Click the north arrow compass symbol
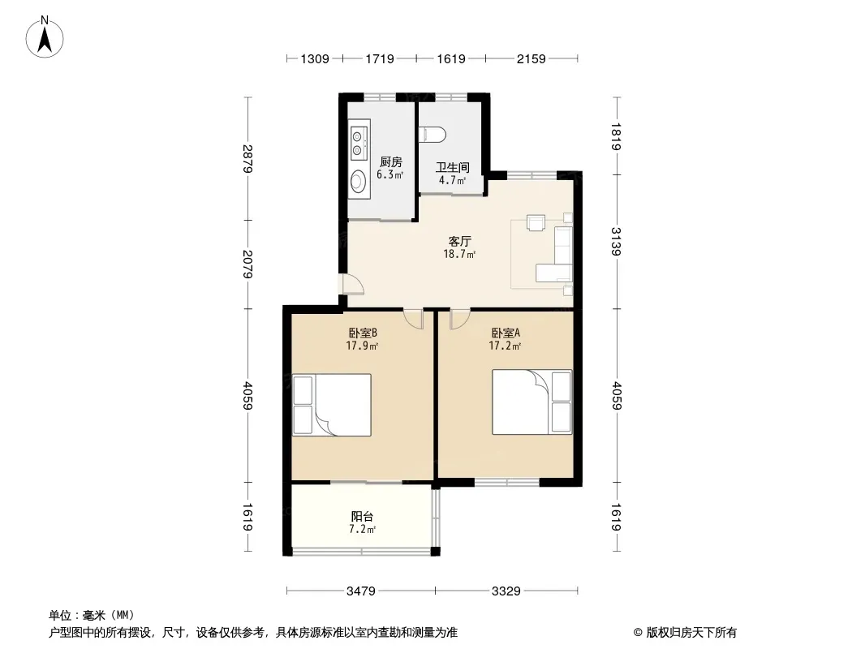pyautogui.click(x=45, y=37)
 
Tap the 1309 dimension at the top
pyautogui.click(x=315, y=58)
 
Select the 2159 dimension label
pyautogui.click(x=531, y=58)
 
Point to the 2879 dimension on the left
pyautogui.click(x=247, y=158)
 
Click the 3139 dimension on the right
pyautogui.click(x=616, y=242)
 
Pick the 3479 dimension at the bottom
pyautogui.click(x=361, y=591)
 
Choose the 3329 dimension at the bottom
pyautogui.click(x=506, y=591)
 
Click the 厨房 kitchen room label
pyautogui.click(x=390, y=162)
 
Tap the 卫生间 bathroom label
pyautogui.click(x=452, y=167)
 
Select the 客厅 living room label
pyautogui.click(x=459, y=241)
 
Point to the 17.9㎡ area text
pyautogui.click(x=362, y=346)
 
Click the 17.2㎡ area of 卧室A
pyautogui.click(x=505, y=346)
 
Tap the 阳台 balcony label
pyautogui.click(x=362, y=516)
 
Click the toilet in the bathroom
pyautogui.click(x=432, y=135)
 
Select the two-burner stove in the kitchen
pyautogui.click(x=359, y=143)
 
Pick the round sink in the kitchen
pyautogui.click(x=359, y=180)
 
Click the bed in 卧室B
pyautogui.click(x=332, y=406)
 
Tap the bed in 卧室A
pyautogui.click(x=531, y=402)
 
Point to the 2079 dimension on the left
pyautogui.click(x=247, y=264)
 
